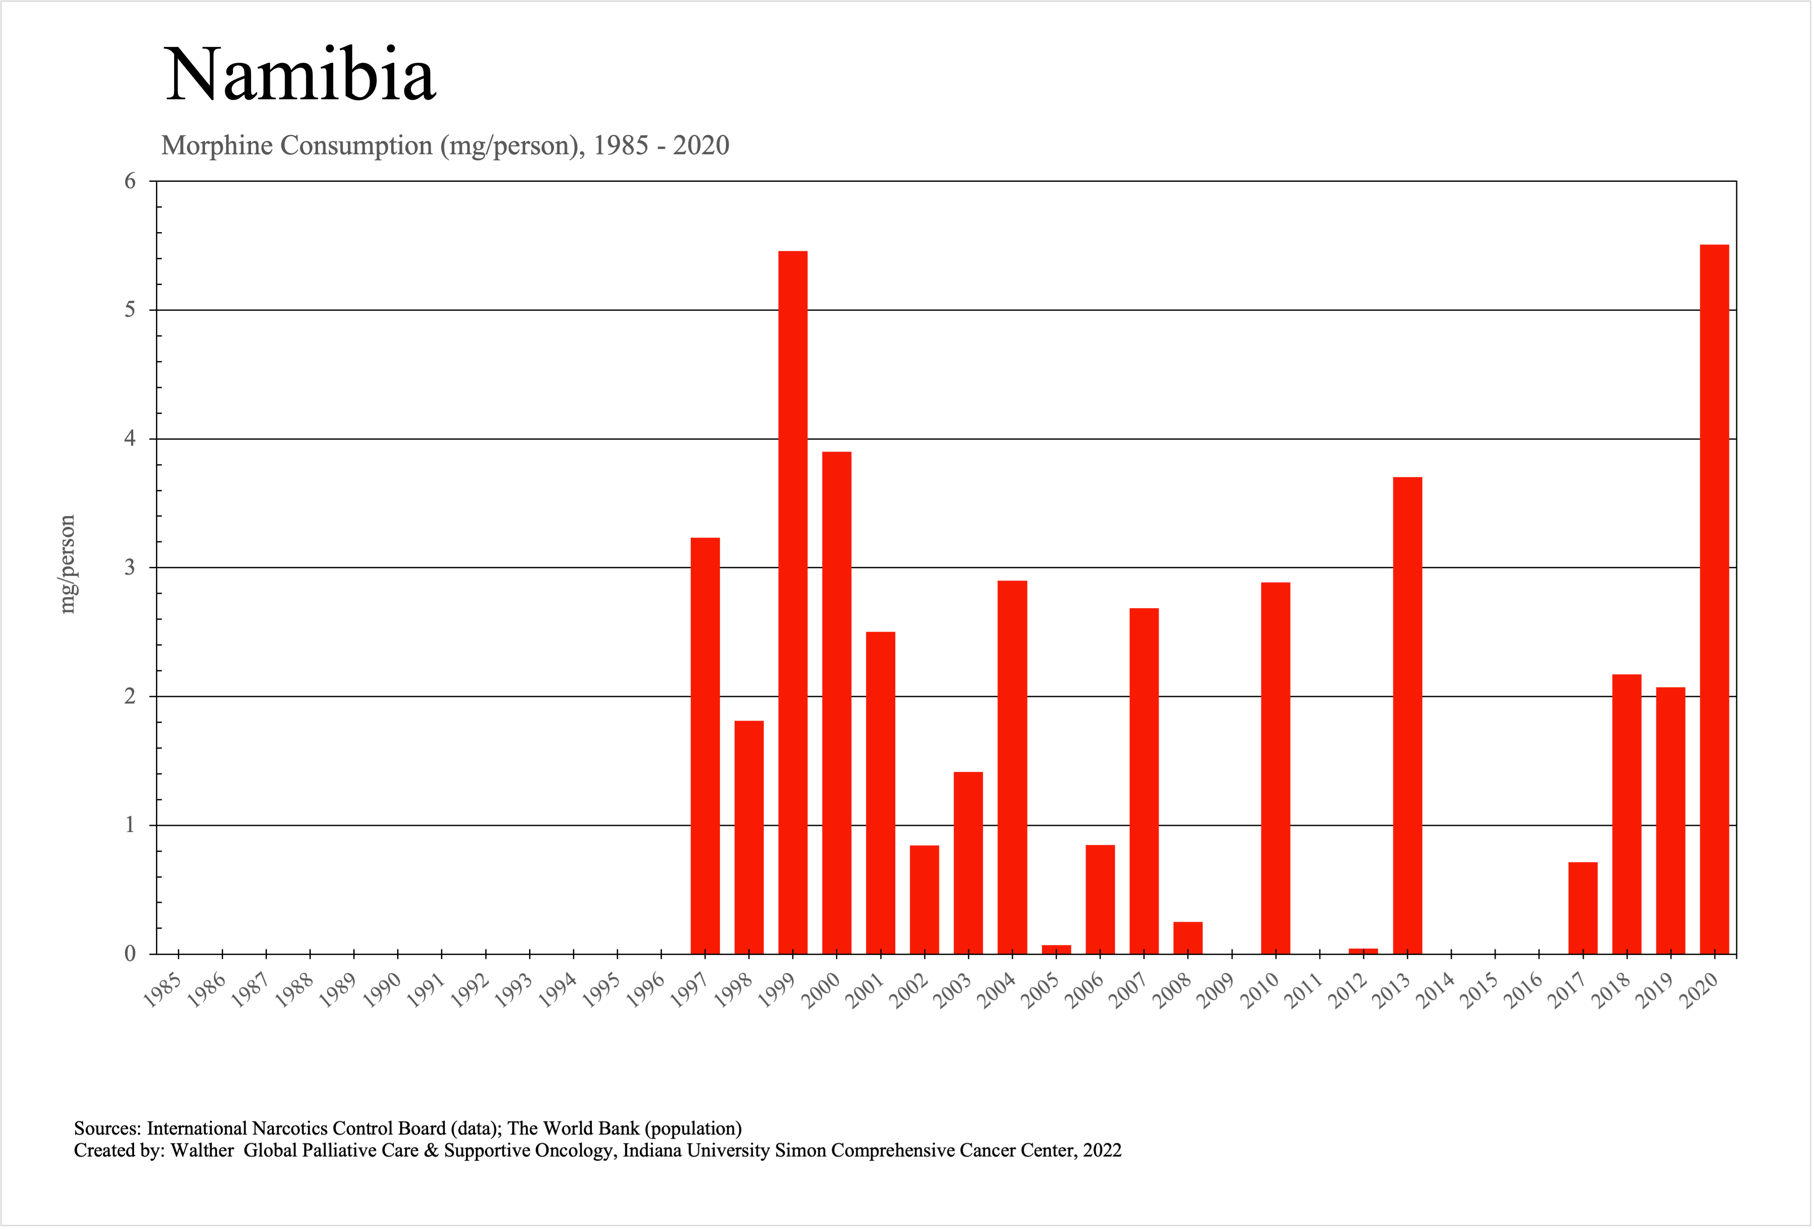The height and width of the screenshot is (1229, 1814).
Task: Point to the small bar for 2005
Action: point(1056,949)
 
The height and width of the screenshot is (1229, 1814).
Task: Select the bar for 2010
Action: point(1276,768)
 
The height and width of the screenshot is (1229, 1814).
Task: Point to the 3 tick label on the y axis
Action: point(130,567)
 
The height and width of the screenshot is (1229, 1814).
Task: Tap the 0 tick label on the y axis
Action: point(130,954)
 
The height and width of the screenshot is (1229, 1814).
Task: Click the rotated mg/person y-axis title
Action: point(68,564)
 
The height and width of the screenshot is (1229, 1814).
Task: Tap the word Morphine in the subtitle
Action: point(217,146)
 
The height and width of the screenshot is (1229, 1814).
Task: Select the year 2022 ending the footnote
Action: point(1102,1150)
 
